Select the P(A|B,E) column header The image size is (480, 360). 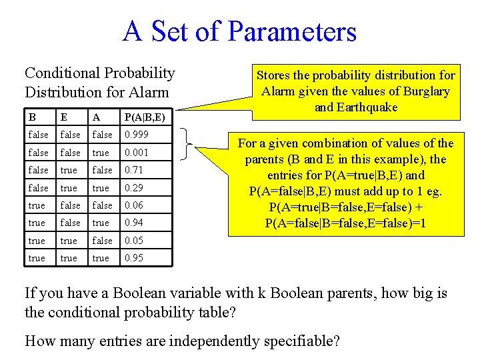pyautogui.click(x=144, y=117)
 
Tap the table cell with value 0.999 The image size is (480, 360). pyautogui.click(x=137, y=135)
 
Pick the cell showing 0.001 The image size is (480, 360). pyautogui.click(x=137, y=153)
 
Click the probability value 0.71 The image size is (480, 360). pyautogui.click(x=134, y=170)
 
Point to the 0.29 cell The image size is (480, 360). pyautogui.click(x=134, y=188)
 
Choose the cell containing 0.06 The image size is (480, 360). pyautogui.click(x=134, y=205)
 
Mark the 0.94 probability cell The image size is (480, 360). pyautogui.click(x=134, y=223)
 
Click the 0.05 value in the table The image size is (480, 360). pyautogui.click(x=134, y=241)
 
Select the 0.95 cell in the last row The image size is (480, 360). pyautogui.click(x=134, y=258)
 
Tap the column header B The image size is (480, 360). pyautogui.click(x=32, y=117)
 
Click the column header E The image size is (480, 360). pyautogui.click(x=64, y=117)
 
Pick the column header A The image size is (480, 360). pyautogui.click(x=96, y=117)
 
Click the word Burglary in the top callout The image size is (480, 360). pyautogui.click(x=427, y=91)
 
